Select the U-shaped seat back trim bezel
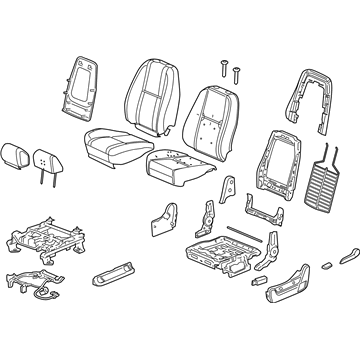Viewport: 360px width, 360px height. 310,90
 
